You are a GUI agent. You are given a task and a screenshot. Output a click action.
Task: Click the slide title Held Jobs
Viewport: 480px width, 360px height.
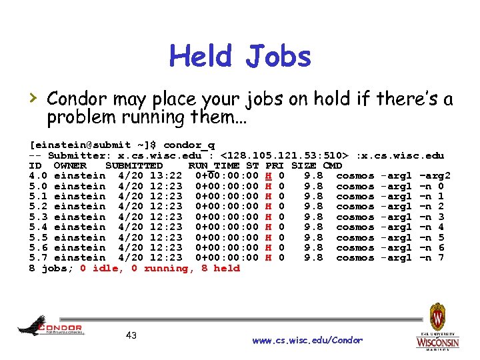(x=240, y=57)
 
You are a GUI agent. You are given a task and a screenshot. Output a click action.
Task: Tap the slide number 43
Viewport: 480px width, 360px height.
(x=131, y=335)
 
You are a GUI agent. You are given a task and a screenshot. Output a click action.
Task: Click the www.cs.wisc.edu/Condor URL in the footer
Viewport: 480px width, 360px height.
(x=307, y=341)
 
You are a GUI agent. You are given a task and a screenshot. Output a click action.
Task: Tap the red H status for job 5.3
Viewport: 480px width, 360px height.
(x=268, y=217)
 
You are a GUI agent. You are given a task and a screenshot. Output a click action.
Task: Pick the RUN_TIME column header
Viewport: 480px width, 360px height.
(x=214, y=165)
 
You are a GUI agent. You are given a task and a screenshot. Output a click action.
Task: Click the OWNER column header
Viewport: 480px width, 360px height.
(x=70, y=165)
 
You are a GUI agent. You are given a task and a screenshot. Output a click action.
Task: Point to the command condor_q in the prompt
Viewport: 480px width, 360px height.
(x=189, y=145)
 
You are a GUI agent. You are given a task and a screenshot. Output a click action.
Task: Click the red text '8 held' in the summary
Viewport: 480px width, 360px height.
(x=218, y=269)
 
